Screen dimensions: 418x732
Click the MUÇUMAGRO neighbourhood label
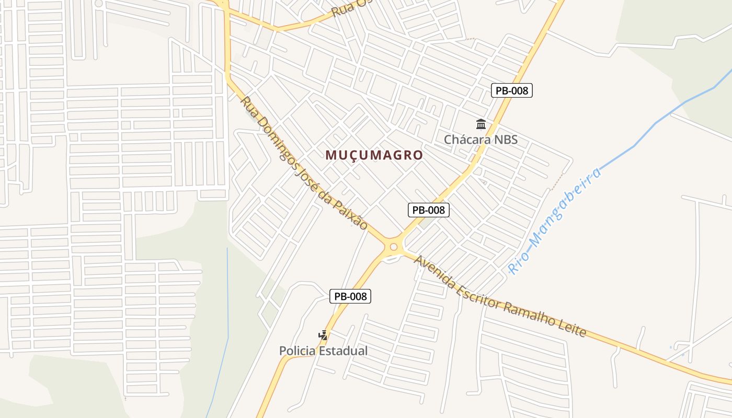pos(374,155)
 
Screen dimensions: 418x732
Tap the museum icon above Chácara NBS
pos(481,124)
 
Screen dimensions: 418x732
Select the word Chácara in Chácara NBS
pos(467,140)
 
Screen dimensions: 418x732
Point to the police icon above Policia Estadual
pos(324,335)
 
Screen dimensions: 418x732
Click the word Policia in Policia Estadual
pos(297,351)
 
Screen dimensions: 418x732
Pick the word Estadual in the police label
pos(343,351)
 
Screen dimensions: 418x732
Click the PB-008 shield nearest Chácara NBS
pos(512,90)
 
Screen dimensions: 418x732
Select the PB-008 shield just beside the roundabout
pos(428,210)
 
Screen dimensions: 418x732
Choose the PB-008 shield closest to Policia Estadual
pos(350,296)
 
